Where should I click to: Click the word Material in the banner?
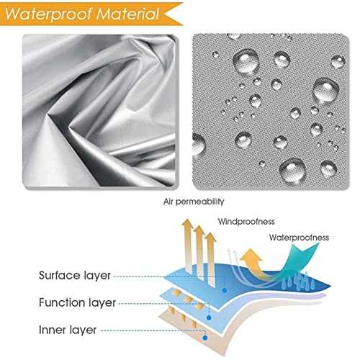(x=127, y=14)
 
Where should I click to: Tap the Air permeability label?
(x=194, y=202)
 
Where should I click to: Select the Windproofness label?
(x=246, y=221)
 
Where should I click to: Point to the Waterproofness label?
(x=299, y=238)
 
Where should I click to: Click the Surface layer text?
(x=75, y=276)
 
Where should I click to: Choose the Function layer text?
(x=77, y=302)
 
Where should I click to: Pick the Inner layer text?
(x=68, y=330)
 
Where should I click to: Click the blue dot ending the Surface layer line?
(x=225, y=290)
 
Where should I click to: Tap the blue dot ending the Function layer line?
(x=209, y=318)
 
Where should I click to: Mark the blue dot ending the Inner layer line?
(x=205, y=338)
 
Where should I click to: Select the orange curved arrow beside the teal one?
(x=254, y=264)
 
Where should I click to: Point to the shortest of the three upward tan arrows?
(x=211, y=259)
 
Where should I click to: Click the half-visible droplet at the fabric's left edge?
(x=199, y=144)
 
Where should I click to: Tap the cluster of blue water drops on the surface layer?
(x=297, y=282)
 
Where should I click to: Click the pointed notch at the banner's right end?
(x=165, y=14)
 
